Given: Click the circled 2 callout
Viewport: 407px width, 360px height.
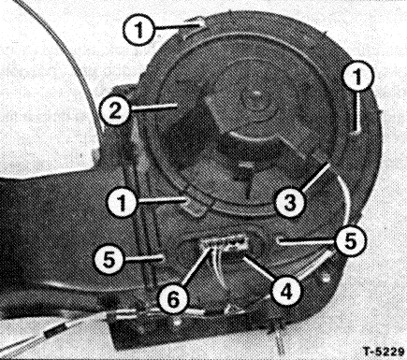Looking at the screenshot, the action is pos(115,110).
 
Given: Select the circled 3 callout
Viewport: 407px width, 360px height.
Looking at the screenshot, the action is pos(290,203).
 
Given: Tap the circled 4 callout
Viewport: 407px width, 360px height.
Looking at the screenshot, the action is pos(286,292).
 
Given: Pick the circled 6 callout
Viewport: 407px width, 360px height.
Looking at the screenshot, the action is pos(173,299).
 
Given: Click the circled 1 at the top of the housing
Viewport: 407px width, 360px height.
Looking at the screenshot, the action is pos(138,30).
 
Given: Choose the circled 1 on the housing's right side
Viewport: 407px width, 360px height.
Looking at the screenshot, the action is pos(357,76).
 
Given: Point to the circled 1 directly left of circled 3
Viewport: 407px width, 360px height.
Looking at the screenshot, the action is pos(122,203).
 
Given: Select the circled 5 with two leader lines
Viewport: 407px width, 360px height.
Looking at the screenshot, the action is pos(350,241).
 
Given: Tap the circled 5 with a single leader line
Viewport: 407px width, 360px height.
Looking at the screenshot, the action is pos(109,259).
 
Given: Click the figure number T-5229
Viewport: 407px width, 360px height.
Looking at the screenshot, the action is pos(384,352).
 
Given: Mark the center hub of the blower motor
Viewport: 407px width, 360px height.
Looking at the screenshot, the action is pos(256,93).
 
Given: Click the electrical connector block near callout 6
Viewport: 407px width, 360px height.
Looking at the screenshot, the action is pos(225,244).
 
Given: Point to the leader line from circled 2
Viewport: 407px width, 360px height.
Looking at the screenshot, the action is pos(153,107).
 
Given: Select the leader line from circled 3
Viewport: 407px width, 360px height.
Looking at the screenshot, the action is pos(315,178).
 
